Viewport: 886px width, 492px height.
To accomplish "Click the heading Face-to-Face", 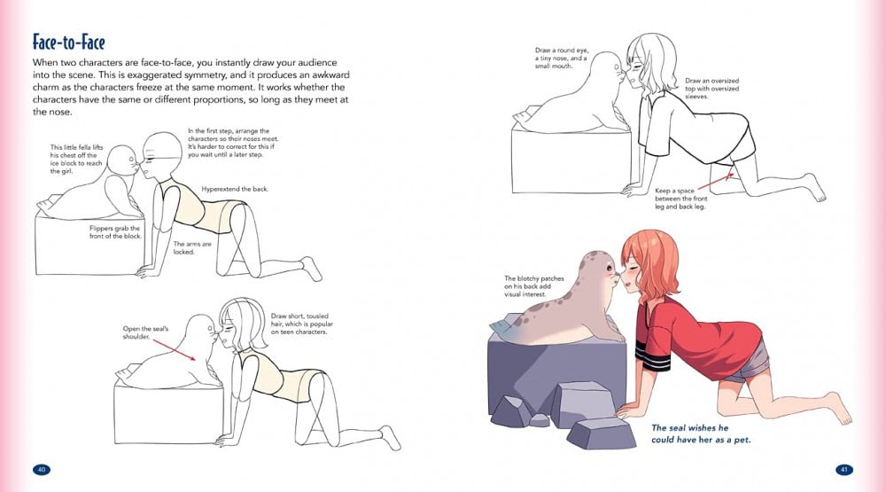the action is point(68,43).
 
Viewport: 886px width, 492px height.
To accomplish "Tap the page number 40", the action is point(42,469).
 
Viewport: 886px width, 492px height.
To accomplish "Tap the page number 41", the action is point(844,469).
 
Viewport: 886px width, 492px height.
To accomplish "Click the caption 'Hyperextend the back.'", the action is point(235,189).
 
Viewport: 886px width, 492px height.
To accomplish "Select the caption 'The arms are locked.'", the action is point(185,247).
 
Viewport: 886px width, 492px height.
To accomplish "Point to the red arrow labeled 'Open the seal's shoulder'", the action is point(175,349).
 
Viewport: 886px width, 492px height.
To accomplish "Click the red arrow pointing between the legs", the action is point(717,182).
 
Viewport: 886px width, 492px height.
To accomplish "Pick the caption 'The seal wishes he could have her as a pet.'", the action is point(701,433).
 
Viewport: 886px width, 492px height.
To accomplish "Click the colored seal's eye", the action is point(602,269).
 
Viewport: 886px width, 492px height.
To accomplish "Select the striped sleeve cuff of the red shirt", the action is point(653,356).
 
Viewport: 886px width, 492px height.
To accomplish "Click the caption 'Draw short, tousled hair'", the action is point(302,324).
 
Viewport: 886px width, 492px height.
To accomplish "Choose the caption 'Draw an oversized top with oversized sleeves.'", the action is point(712,89).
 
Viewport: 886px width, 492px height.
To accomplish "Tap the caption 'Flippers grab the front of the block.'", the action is point(114,232).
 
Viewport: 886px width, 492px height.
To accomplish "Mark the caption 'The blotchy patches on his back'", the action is point(534,286).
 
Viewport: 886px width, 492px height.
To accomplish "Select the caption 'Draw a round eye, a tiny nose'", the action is point(562,59).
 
